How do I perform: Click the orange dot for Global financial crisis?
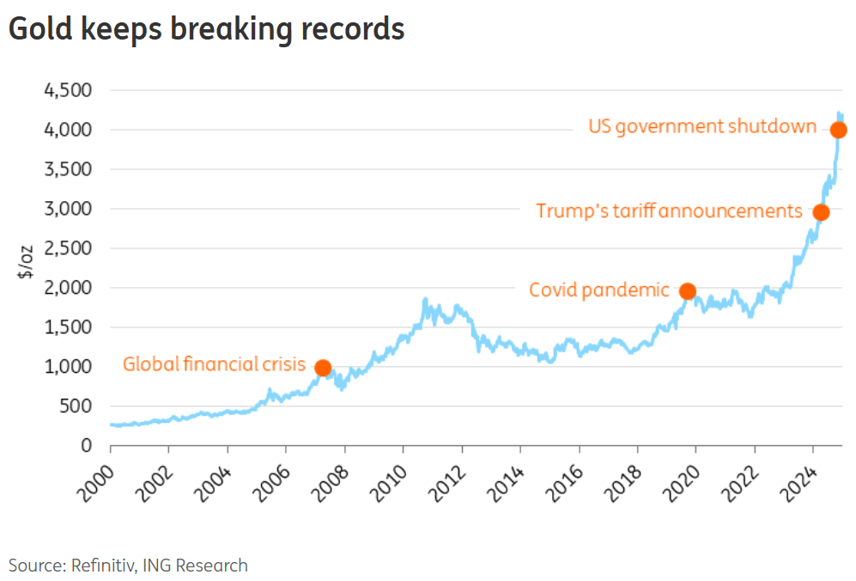(x=323, y=368)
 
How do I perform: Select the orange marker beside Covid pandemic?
(x=688, y=291)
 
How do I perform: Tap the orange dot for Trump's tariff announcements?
(x=821, y=212)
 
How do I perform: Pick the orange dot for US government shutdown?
(x=839, y=130)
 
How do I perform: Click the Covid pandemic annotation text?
(x=599, y=290)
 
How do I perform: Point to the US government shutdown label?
(x=702, y=127)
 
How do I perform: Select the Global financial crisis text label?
(x=214, y=364)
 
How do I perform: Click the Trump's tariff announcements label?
(x=670, y=211)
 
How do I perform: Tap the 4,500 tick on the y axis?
(x=68, y=90)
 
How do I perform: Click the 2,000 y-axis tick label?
(x=68, y=288)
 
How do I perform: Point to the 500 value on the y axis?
(x=76, y=407)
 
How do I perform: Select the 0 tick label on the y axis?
(x=87, y=445)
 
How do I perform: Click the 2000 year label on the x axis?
(x=96, y=483)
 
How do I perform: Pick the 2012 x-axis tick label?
(x=447, y=483)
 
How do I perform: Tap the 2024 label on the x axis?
(x=798, y=483)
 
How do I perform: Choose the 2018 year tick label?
(x=623, y=483)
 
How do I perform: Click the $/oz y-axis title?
(x=26, y=262)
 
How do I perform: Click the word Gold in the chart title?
(x=40, y=29)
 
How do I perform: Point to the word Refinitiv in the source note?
(x=104, y=566)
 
